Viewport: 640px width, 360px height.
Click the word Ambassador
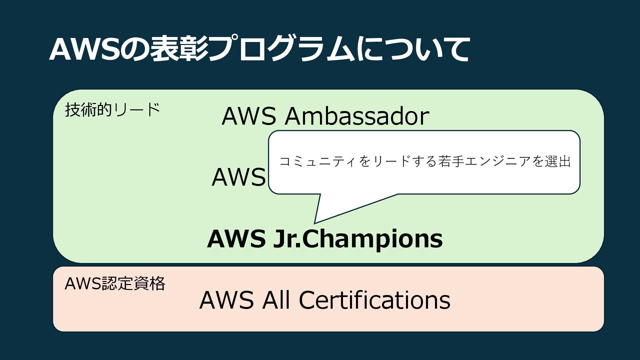(357, 116)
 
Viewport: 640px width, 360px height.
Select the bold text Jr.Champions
(358, 239)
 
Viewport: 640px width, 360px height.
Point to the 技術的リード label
(113, 110)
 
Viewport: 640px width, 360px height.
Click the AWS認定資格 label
(115, 284)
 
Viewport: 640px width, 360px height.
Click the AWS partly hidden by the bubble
(239, 177)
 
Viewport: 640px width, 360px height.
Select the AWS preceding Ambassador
(249, 116)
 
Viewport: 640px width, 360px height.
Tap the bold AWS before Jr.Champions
(236, 239)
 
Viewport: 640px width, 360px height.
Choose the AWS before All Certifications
(226, 300)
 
